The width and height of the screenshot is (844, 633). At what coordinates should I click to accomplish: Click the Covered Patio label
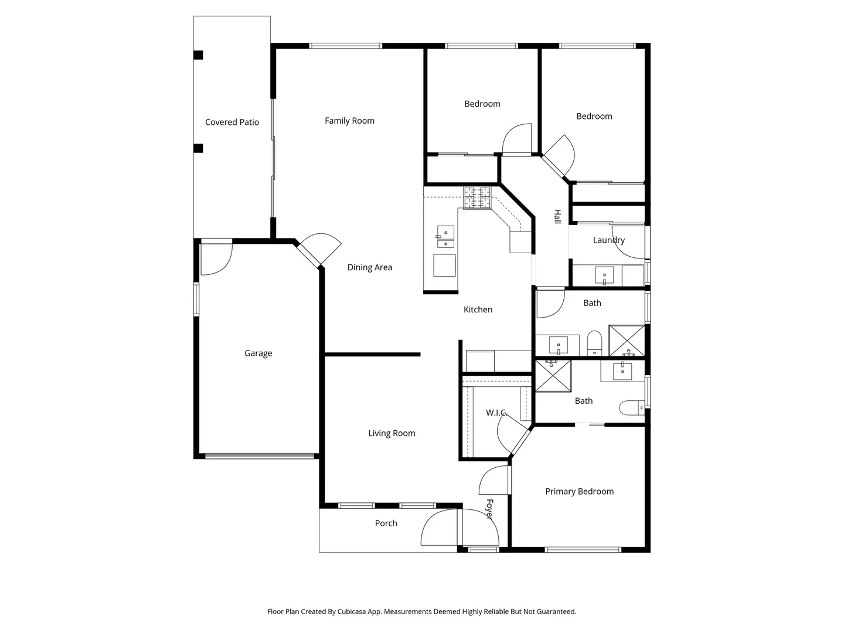point(232,122)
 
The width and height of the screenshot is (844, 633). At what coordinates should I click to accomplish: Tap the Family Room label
point(349,121)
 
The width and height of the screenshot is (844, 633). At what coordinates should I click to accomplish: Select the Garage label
point(258,353)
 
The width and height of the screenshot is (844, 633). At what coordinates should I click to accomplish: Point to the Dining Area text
point(369,267)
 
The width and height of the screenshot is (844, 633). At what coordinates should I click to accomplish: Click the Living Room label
point(392,434)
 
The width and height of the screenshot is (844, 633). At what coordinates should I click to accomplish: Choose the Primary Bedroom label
point(579,492)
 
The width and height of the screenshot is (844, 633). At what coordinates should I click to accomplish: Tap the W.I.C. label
point(496,413)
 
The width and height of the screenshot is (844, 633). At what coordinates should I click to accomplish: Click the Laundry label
point(609,240)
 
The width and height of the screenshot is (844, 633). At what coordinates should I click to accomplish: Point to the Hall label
point(557,216)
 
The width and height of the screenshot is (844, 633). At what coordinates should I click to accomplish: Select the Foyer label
point(489,509)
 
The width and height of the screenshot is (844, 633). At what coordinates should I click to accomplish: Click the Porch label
point(386,523)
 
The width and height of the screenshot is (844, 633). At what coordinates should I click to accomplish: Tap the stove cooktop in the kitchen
point(477,198)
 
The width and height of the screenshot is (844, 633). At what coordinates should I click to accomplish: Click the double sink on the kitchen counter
point(445,237)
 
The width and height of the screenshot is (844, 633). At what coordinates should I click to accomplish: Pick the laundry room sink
point(604,276)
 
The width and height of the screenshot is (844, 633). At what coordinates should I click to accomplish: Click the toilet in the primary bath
point(632,408)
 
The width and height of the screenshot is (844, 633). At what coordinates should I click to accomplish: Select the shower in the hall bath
point(627,341)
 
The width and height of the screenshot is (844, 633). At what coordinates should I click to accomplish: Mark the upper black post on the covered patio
point(198,55)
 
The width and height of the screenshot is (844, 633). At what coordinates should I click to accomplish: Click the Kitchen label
point(478,310)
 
